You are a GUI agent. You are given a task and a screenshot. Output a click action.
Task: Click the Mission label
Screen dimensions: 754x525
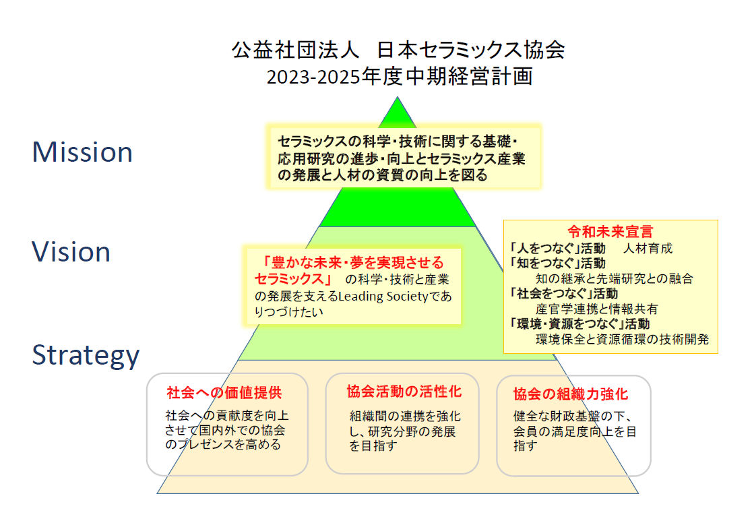pos(82,152)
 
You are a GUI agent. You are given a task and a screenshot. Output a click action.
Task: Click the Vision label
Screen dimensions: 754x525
pos(71,252)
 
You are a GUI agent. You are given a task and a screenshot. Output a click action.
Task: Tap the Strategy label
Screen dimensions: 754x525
pos(86,356)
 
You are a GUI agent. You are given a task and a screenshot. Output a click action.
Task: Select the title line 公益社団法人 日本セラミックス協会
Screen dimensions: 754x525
pos(398,50)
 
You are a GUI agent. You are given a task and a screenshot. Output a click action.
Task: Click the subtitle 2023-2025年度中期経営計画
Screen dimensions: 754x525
pos(400,76)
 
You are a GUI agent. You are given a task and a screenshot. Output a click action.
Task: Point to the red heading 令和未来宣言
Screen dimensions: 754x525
pos(610,232)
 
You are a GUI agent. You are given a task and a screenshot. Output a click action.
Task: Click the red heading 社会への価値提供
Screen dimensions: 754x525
pos(224,393)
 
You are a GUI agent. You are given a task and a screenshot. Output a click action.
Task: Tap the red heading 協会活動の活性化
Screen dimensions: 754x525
pos(404,392)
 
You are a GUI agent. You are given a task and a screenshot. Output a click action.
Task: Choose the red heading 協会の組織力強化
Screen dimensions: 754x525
pos(570,394)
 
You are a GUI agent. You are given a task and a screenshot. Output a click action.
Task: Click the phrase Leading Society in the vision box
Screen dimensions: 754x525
pos(383,296)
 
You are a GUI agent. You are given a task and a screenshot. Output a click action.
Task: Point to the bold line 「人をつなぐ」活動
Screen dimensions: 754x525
pos(557,249)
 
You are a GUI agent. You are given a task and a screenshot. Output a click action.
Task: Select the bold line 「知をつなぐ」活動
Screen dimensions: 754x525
pos(557,264)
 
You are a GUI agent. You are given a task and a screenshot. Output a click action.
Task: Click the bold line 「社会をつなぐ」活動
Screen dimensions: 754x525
pos(563,294)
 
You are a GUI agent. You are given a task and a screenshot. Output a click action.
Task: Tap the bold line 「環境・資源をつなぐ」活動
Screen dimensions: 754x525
pos(579,324)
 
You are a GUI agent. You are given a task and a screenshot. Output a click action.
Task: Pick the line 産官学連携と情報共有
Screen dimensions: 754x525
pos(597,309)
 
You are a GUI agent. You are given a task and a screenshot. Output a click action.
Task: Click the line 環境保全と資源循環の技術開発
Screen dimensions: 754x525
pos(622,340)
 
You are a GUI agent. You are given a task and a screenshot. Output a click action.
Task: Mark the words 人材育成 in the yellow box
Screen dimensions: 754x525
pos(648,249)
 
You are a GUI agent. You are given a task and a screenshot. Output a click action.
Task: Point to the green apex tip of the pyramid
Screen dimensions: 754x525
pos(397,98)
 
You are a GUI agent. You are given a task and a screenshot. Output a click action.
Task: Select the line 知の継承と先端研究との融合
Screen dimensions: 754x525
pos(614,279)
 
